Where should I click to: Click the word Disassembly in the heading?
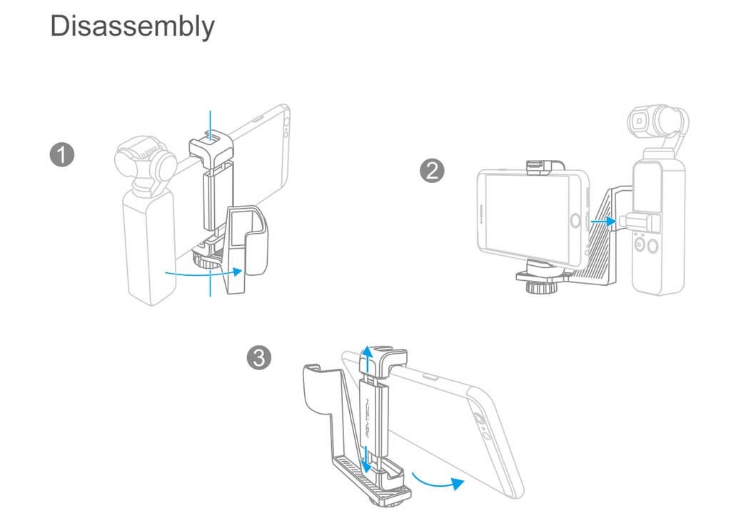coord(132,26)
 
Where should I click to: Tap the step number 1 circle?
coord(62,154)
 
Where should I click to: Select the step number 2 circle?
coord(432,171)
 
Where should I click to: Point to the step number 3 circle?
coord(258,358)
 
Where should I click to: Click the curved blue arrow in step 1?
coord(203,273)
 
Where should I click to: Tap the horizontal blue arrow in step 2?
coord(603,221)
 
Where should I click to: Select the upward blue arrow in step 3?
coord(368,359)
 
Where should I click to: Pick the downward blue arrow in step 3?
coord(366,460)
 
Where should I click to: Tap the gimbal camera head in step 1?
coord(146,160)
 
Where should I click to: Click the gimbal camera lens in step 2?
coord(640,120)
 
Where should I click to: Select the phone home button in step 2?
coord(576,220)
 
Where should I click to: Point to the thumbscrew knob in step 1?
coord(204,259)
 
